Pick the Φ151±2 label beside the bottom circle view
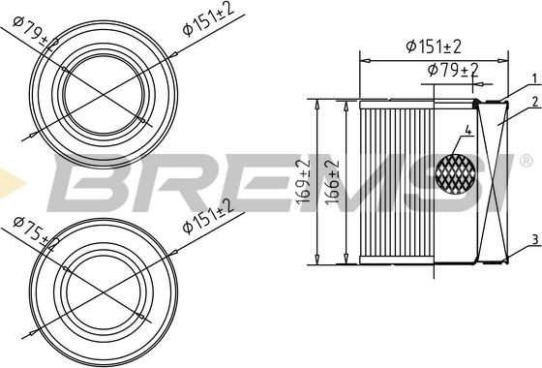click(x=207, y=215)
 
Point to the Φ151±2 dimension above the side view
click(x=433, y=46)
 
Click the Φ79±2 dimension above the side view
click(x=453, y=70)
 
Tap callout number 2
click(x=532, y=101)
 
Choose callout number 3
click(x=532, y=239)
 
